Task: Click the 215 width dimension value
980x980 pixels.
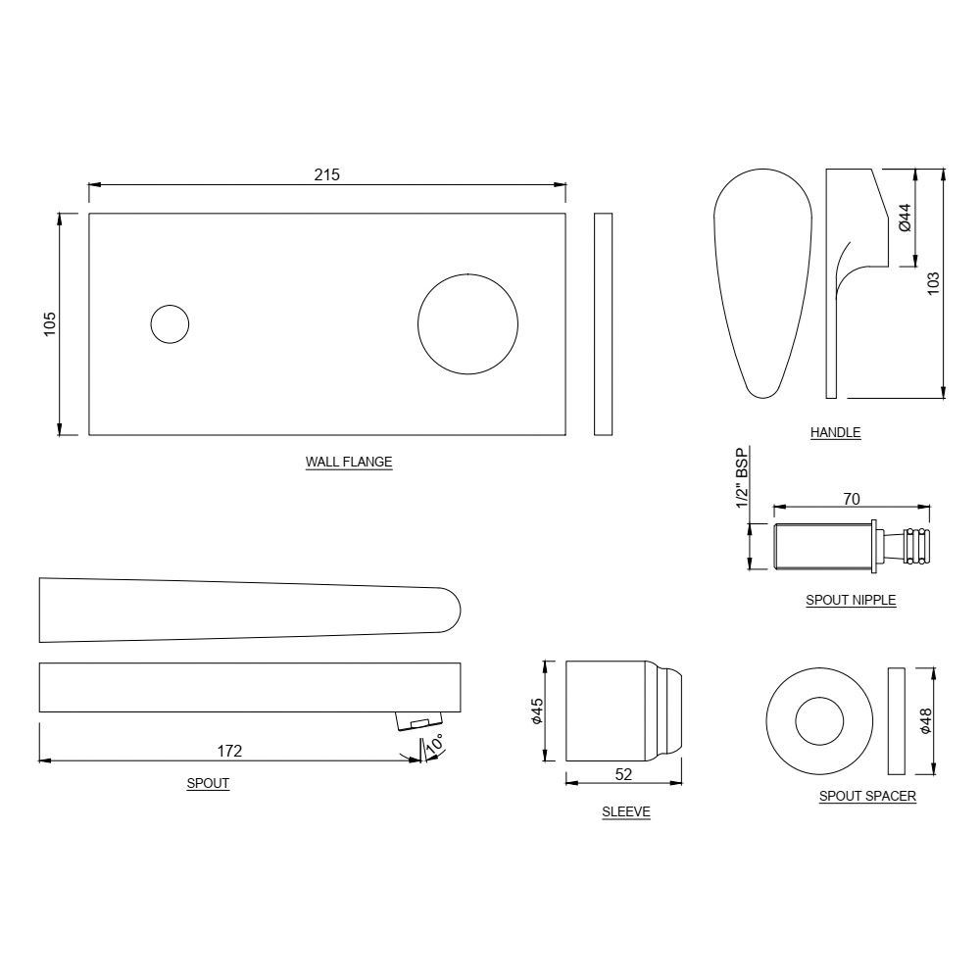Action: click(x=326, y=174)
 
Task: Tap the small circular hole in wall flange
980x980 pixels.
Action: click(x=170, y=323)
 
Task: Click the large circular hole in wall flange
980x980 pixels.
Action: click(x=468, y=323)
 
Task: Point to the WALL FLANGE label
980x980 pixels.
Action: click(x=349, y=462)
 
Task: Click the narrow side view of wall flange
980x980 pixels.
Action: click(x=603, y=323)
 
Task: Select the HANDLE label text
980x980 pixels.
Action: click(x=835, y=432)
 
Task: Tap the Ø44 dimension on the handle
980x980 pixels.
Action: click(x=905, y=217)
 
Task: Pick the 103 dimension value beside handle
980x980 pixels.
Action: click(x=933, y=282)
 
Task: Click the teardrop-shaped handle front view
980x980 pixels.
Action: click(x=762, y=284)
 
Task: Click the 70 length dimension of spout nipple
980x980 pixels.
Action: click(x=851, y=500)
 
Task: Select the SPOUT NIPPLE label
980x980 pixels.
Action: click(x=851, y=600)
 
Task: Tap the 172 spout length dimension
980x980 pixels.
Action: click(x=229, y=751)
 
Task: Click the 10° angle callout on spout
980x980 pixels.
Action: click(x=435, y=744)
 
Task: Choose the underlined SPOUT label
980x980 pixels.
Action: click(x=208, y=784)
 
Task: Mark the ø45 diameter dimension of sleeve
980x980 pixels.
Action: click(x=536, y=711)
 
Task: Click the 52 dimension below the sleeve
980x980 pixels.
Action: click(x=623, y=774)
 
